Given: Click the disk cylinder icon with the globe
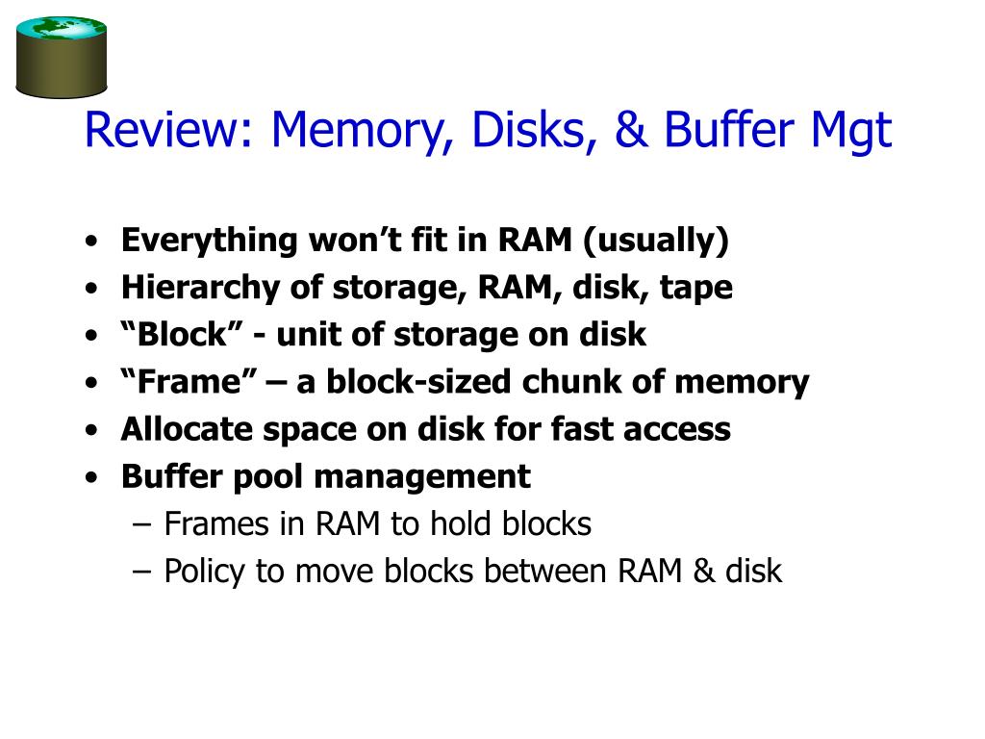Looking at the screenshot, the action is pos(62,57).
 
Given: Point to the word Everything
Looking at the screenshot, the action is pos(209,241).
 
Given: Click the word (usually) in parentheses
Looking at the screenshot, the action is pos(656,241).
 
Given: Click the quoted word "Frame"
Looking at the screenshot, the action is pos(183,382).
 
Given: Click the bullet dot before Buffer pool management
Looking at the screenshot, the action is pos(90,477).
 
